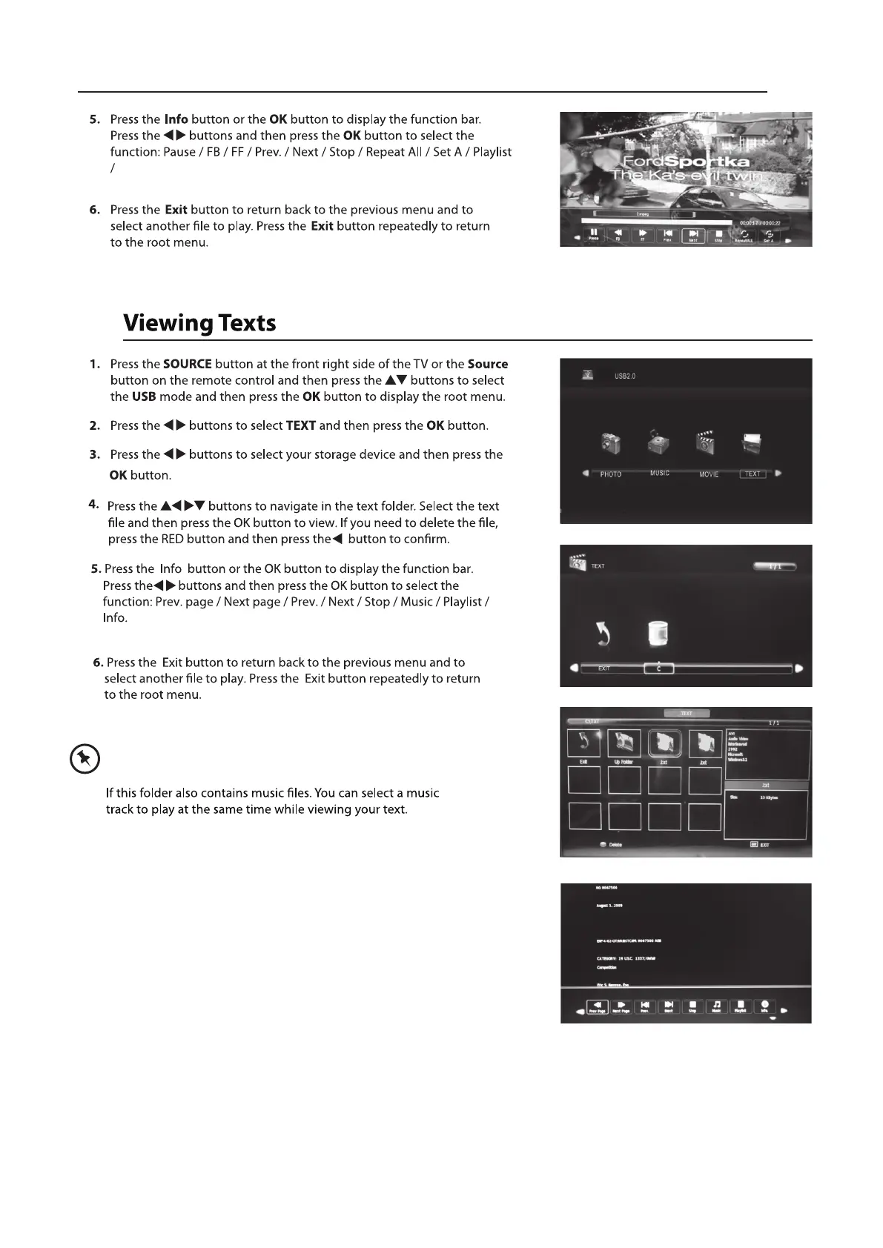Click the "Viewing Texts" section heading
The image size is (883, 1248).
click(199, 323)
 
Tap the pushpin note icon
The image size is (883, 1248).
click(83, 759)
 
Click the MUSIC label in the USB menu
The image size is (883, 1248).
click(659, 473)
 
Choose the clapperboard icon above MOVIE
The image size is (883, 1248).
click(706, 442)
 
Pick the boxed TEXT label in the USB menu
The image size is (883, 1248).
click(753, 474)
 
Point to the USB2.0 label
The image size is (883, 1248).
click(624, 376)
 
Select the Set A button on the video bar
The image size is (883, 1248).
click(768, 235)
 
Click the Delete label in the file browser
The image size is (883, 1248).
click(615, 844)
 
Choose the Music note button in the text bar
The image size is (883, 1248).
click(716, 1006)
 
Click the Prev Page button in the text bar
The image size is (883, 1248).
click(598, 1006)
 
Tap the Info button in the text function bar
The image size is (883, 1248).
click(764, 1006)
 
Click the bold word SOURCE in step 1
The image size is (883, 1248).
click(187, 364)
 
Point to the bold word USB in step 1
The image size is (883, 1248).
click(144, 396)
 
